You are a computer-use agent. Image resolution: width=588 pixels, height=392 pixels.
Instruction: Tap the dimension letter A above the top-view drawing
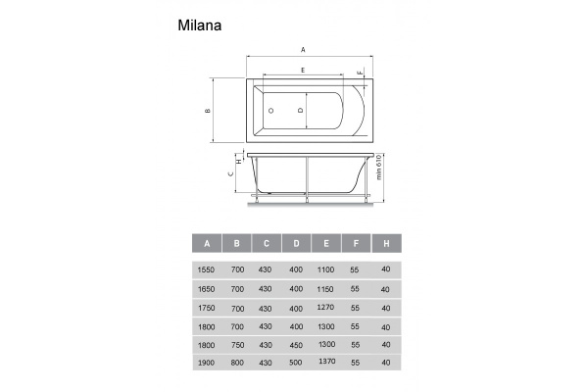(x=303, y=49)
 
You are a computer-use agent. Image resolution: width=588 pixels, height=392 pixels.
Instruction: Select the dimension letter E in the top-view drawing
(x=303, y=71)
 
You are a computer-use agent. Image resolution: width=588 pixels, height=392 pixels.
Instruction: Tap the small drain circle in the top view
(x=270, y=111)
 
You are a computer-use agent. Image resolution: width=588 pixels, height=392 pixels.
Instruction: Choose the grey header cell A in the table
(x=207, y=242)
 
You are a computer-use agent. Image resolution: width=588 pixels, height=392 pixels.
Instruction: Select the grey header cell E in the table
(x=326, y=242)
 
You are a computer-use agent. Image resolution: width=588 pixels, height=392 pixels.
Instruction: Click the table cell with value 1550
(x=207, y=270)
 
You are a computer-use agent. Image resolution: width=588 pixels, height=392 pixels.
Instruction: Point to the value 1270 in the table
(x=326, y=308)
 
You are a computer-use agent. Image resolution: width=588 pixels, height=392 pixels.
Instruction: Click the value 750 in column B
(x=236, y=345)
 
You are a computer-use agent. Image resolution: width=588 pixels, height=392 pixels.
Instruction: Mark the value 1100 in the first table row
(x=326, y=270)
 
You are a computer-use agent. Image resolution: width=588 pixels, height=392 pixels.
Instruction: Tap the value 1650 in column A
(x=207, y=289)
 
